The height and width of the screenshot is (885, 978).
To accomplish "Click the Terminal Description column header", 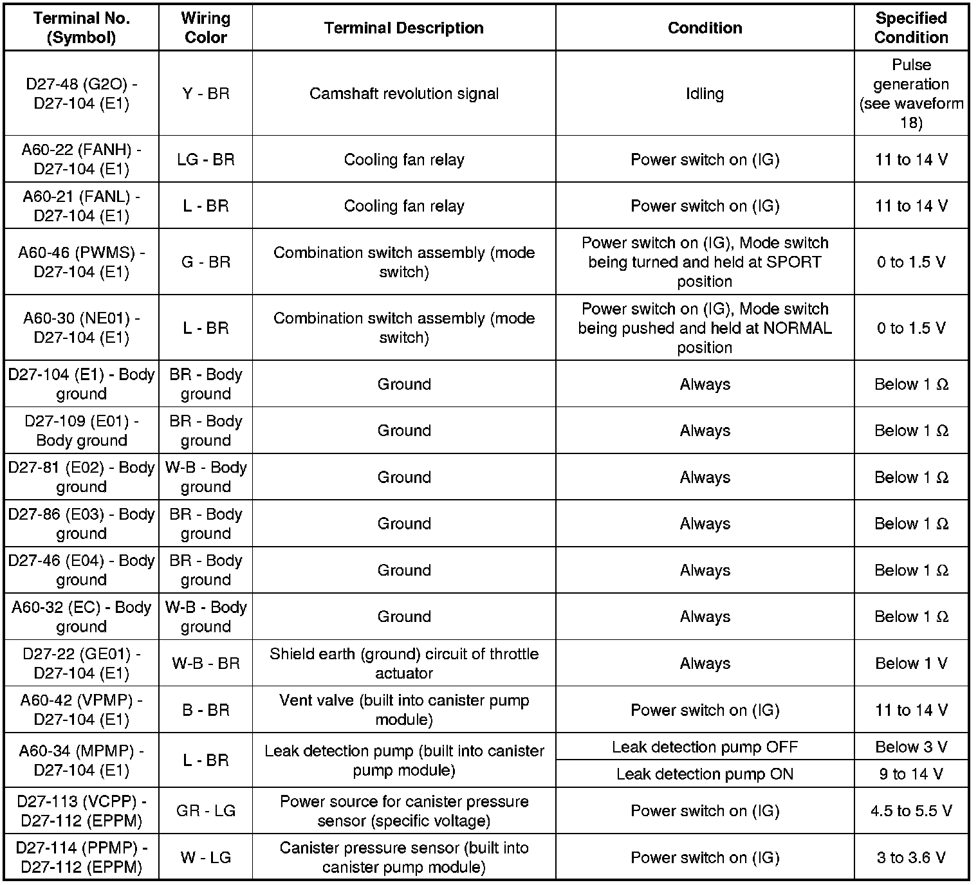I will (403, 28).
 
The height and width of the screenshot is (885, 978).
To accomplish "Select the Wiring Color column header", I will (205, 28).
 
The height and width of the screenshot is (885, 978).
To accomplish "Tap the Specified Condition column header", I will (910, 28).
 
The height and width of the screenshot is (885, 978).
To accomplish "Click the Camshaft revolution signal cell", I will (403, 94).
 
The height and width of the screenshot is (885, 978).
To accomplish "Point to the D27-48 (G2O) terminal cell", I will (81, 94).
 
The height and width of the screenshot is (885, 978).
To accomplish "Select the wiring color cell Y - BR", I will (205, 94).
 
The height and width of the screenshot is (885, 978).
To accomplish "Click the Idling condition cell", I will (705, 94).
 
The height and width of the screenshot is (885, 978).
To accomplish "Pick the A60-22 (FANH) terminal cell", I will (81, 160).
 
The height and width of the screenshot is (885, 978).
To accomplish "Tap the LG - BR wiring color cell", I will (205, 160).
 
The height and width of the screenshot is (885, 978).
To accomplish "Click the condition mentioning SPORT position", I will (705, 262).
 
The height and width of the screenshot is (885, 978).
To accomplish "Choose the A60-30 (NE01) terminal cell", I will (81, 328).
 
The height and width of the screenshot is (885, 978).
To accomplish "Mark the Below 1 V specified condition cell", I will (910, 664).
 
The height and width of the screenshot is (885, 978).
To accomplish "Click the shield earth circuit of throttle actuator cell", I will (403, 664).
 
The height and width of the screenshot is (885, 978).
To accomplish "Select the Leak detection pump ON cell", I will (705, 774).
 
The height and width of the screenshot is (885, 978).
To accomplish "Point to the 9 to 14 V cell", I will (910, 774).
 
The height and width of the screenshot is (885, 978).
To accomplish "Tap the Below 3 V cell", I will (910, 747).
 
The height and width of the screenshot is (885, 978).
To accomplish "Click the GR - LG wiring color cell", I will (205, 811).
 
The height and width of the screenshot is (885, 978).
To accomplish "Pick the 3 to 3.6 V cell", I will (910, 858).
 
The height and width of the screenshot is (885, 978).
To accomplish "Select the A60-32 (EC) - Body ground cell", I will (81, 617).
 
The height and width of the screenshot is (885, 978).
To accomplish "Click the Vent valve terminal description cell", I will (403, 710).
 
